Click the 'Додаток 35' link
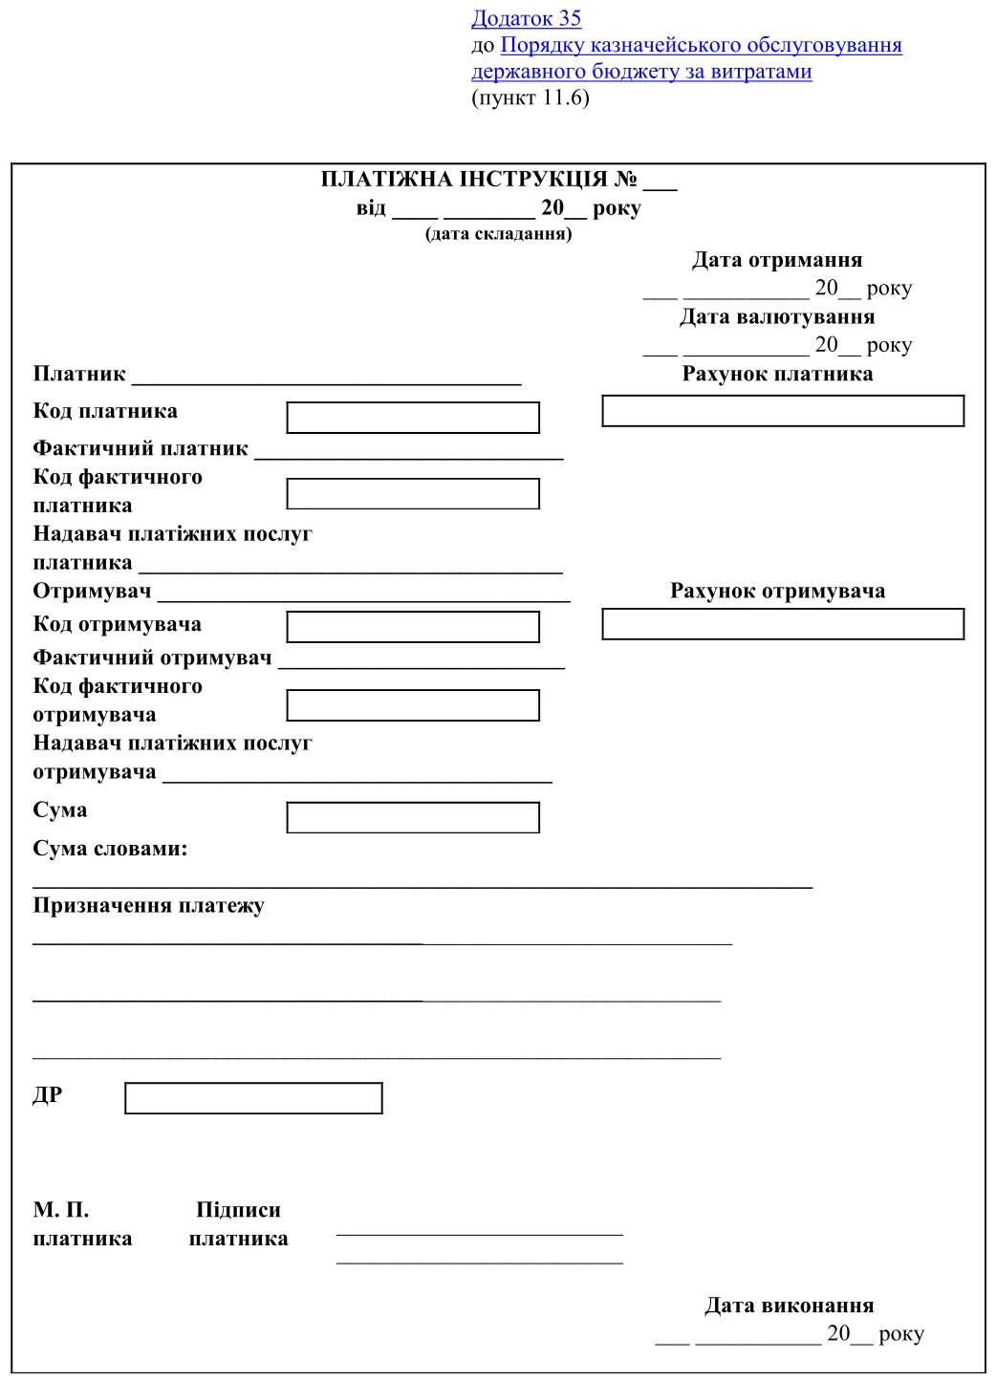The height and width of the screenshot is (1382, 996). (x=526, y=18)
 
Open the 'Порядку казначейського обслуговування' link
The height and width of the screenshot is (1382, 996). (x=701, y=45)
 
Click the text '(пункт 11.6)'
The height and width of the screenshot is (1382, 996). (x=530, y=97)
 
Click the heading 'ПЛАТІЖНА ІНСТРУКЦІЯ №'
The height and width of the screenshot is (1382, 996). (x=478, y=179)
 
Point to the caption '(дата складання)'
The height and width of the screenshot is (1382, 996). (x=498, y=233)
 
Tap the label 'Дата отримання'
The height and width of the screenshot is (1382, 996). (x=777, y=260)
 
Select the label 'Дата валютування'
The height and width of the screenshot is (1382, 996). (x=777, y=316)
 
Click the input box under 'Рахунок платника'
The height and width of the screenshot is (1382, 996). (x=783, y=411)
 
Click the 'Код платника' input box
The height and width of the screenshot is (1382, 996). (x=413, y=418)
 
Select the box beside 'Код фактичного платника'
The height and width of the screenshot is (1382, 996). (x=413, y=494)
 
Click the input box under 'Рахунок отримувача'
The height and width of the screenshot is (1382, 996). (x=783, y=624)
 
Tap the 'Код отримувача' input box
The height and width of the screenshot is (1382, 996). (x=413, y=627)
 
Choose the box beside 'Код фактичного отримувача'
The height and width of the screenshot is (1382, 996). (x=413, y=705)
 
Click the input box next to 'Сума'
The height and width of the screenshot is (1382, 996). (x=413, y=817)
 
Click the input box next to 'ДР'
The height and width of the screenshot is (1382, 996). (x=253, y=1098)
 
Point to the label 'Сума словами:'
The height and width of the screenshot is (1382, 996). (x=110, y=849)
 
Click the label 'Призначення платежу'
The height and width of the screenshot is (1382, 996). (x=148, y=905)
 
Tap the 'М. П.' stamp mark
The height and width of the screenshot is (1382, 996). (x=61, y=1210)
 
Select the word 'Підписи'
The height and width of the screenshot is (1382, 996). (x=238, y=1210)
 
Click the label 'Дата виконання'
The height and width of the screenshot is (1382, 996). (x=790, y=1306)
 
